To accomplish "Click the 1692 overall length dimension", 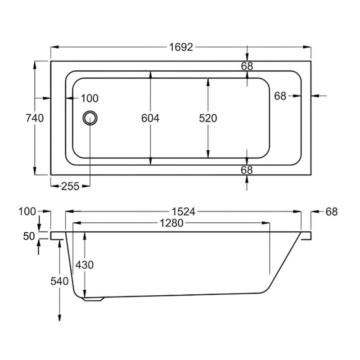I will coord(181,47).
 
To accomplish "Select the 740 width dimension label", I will coord(35,118).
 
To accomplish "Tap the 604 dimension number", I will coord(150,118).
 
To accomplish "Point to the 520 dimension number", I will coord(208,118).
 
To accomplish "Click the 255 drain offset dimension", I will coord(70,185).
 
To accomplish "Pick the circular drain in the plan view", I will coord(90,118).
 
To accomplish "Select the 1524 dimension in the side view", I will coord(184,211).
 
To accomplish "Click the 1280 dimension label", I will coord(171,223).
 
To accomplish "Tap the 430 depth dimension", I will coord(84,265).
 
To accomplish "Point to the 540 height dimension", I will coord(59,281).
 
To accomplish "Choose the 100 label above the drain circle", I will coord(89,98).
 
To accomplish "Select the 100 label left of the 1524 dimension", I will coord(27,211).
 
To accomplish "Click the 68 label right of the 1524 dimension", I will coord(331,211).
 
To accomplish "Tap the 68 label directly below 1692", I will coord(247,66).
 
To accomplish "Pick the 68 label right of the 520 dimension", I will coord(280,95).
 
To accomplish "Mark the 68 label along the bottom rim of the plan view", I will coord(247,170).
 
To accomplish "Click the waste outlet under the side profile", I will coord(94,298).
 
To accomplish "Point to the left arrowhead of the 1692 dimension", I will coord(52,47).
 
